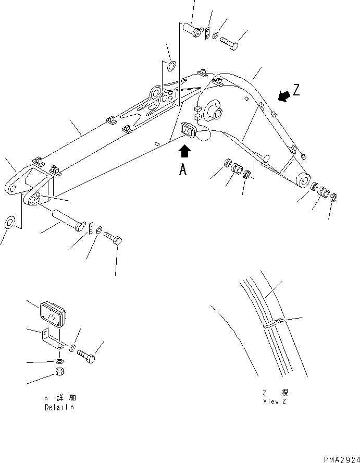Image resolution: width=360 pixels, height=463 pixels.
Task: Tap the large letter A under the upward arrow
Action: point(182,169)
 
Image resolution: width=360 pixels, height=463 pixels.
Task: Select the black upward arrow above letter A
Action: point(184,151)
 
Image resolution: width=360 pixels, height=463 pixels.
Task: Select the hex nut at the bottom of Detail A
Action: point(59,373)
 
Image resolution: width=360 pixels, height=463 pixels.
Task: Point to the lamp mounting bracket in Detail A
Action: point(53,341)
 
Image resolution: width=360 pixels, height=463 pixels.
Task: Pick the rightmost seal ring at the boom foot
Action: point(334,197)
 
